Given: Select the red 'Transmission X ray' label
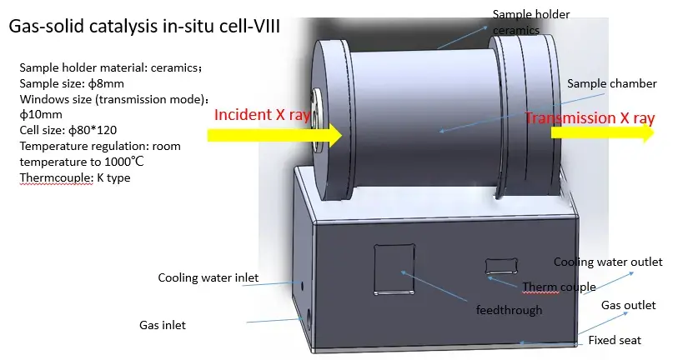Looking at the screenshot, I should tap(589, 118).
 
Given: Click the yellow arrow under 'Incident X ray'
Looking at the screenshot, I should tap(274, 134).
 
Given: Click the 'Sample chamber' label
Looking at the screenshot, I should tap(612, 84).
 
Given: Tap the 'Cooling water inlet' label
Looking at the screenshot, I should tap(208, 277).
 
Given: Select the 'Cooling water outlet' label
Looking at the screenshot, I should tap(608, 262).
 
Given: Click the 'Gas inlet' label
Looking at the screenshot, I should tap(162, 325).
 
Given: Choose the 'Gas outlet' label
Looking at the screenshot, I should tap(628, 305).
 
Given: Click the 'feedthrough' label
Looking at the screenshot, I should tap(509, 310).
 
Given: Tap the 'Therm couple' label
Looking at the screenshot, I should tap(559, 287).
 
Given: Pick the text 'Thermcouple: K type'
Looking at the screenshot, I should tap(74, 177).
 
